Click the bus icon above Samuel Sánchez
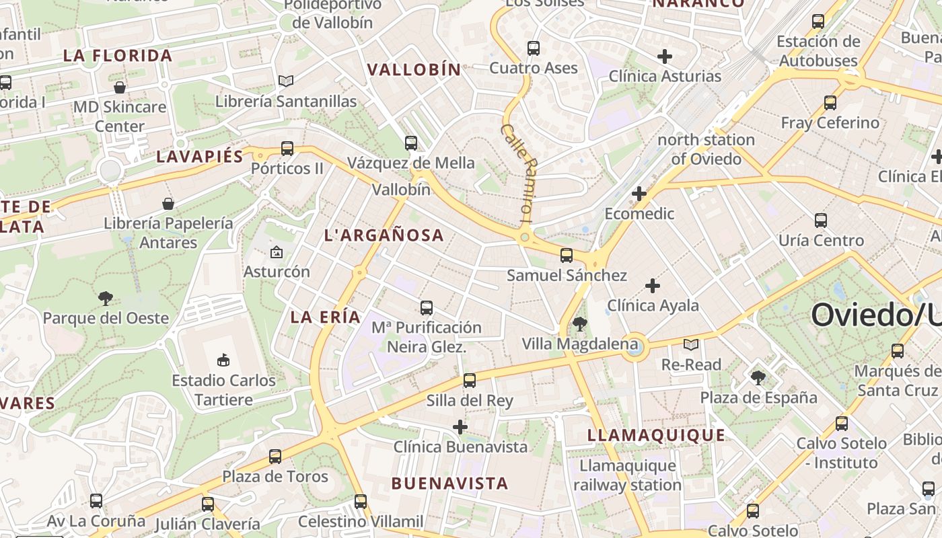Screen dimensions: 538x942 click(567, 256)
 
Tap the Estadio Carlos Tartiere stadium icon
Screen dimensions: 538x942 click(223, 360)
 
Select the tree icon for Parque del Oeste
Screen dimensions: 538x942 click(106, 299)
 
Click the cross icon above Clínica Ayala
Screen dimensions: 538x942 click(652, 286)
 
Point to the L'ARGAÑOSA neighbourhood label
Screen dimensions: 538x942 click(384, 235)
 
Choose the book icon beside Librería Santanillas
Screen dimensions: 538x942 click(286, 81)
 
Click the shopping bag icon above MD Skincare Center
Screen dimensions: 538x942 click(120, 87)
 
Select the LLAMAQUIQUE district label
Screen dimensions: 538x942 click(657, 435)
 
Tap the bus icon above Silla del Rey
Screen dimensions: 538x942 click(470, 381)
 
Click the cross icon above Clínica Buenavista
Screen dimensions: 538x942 click(460, 427)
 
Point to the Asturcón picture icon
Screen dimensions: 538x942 click(276, 253)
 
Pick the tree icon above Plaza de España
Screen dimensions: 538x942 click(758, 378)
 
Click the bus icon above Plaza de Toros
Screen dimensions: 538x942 click(275, 457)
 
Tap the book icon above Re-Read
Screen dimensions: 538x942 click(691, 345)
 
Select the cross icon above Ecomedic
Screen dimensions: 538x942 click(639, 194)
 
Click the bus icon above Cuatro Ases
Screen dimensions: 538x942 click(534, 48)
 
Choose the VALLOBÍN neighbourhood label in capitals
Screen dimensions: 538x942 click(414, 70)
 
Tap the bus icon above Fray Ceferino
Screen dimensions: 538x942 click(830, 103)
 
